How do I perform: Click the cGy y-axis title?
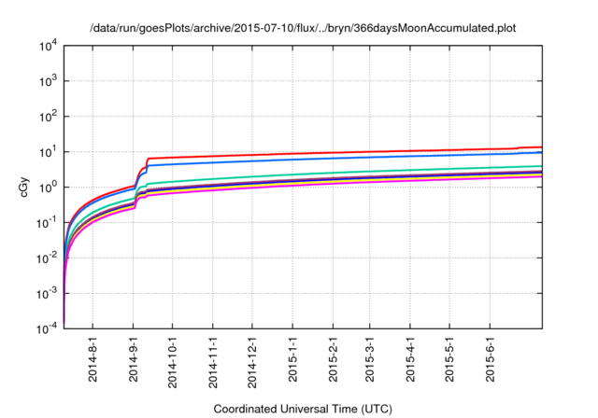coord(25,188)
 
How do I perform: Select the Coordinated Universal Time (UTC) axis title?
coord(302,409)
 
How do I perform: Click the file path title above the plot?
coord(303,29)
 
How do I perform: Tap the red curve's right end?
coord(541,146)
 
